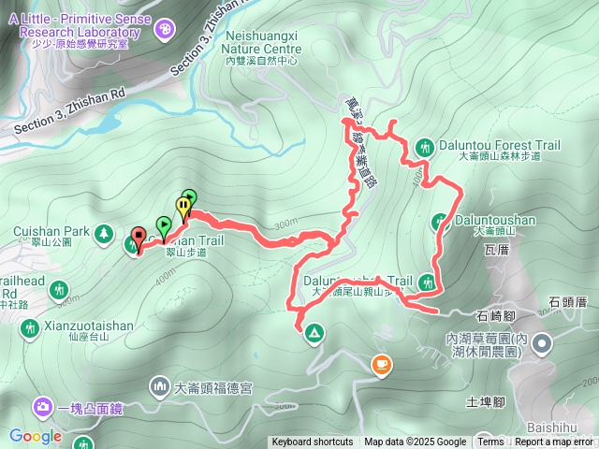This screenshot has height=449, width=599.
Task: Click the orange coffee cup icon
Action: (x=381, y=365)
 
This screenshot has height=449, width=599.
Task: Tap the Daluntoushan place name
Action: (x=496, y=221)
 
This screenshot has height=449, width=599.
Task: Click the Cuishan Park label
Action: (x=51, y=230)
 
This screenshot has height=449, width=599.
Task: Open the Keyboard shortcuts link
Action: (x=313, y=442)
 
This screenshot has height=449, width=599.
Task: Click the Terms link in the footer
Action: (x=490, y=442)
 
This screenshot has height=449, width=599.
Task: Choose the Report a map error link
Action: (x=553, y=442)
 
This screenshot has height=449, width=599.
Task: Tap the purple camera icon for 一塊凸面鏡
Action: (x=43, y=407)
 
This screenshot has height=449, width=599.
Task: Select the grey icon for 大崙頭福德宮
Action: (x=158, y=385)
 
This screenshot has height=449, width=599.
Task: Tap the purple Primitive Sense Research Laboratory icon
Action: (x=165, y=31)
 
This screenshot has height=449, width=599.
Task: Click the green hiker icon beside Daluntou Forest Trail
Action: (x=423, y=147)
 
